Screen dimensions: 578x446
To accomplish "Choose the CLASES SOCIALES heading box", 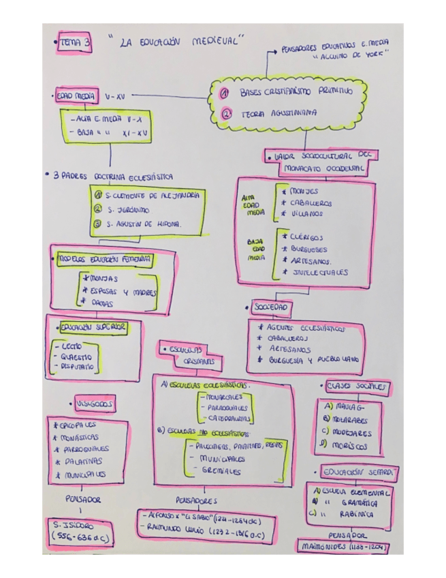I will [353, 386].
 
